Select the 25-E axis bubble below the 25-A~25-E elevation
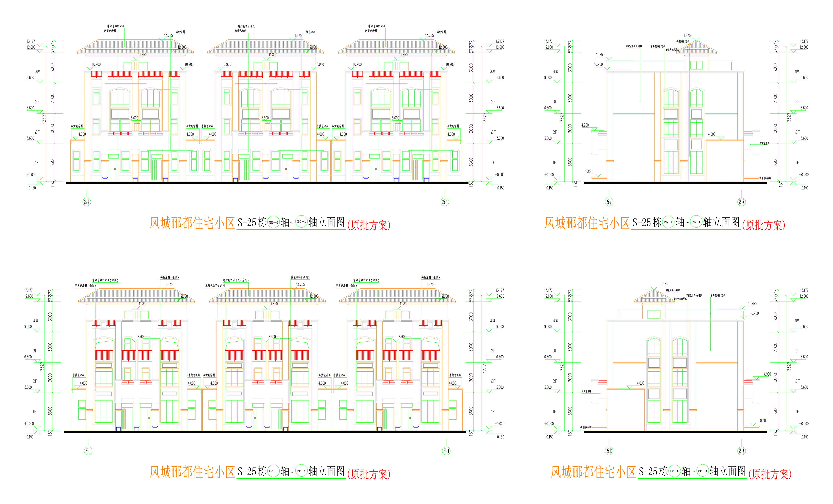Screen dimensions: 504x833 point(741,202)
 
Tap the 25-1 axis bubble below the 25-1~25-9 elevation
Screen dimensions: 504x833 point(88,451)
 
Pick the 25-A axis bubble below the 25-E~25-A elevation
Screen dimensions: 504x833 point(741,451)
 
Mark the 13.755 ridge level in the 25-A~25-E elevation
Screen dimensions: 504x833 point(688,36)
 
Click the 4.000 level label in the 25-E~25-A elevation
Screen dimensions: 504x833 point(640,383)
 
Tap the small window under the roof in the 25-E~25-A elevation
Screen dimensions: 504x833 point(654,314)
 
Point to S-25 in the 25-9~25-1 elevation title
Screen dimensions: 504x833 point(247,222)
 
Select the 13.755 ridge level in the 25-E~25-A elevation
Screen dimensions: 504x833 point(665,285)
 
